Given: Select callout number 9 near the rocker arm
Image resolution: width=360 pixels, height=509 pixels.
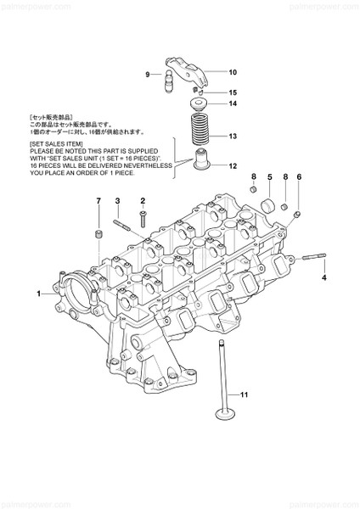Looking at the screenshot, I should coord(147,76).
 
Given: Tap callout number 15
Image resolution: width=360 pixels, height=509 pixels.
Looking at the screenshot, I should coord(233,92).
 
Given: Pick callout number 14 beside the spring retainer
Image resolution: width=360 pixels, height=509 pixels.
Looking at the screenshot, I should coord(233,104).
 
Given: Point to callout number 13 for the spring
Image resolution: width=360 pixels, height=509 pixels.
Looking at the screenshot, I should coord(233,136).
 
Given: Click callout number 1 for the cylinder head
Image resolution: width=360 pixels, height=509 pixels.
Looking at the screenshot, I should coord(39,294).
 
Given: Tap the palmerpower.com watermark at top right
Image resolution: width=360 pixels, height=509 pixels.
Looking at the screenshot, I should coord(328,7).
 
